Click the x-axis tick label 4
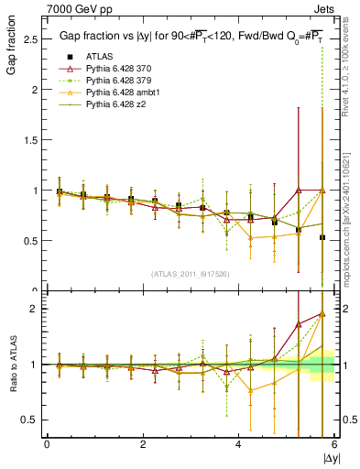pos(238,444)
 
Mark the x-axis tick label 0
pos(47,444)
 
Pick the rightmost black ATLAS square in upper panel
pos(322,237)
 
